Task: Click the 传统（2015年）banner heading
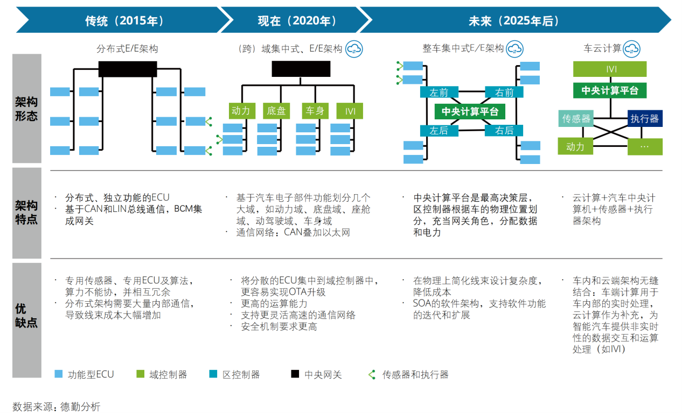[x=125, y=20]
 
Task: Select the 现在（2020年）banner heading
[x=297, y=20]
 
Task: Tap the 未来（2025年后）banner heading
[x=514, y=20]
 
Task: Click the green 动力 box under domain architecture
[x=242, y=111]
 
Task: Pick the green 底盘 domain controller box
[x=276, y=111]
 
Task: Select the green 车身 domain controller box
[x=315, y=111]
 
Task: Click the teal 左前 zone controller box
[x=439, y=92]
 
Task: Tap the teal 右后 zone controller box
[x=504, y=130]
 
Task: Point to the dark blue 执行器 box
[x=645, y=118]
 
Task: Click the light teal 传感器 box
[x=576, y=118]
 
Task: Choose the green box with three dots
[x=645, y=146]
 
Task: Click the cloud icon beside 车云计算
[x=631, y=48]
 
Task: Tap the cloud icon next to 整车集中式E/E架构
[x=514, y=48]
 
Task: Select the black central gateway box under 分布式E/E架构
[x=128, y=69]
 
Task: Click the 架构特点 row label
[x=26, y=212]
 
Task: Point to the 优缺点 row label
[x=26, y=316]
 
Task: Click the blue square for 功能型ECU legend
[x=59, y=374]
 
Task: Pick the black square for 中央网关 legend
[x=295, y=374]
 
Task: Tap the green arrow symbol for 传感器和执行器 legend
[x=372, y=374]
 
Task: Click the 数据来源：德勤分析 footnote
[x=57, y=407]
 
